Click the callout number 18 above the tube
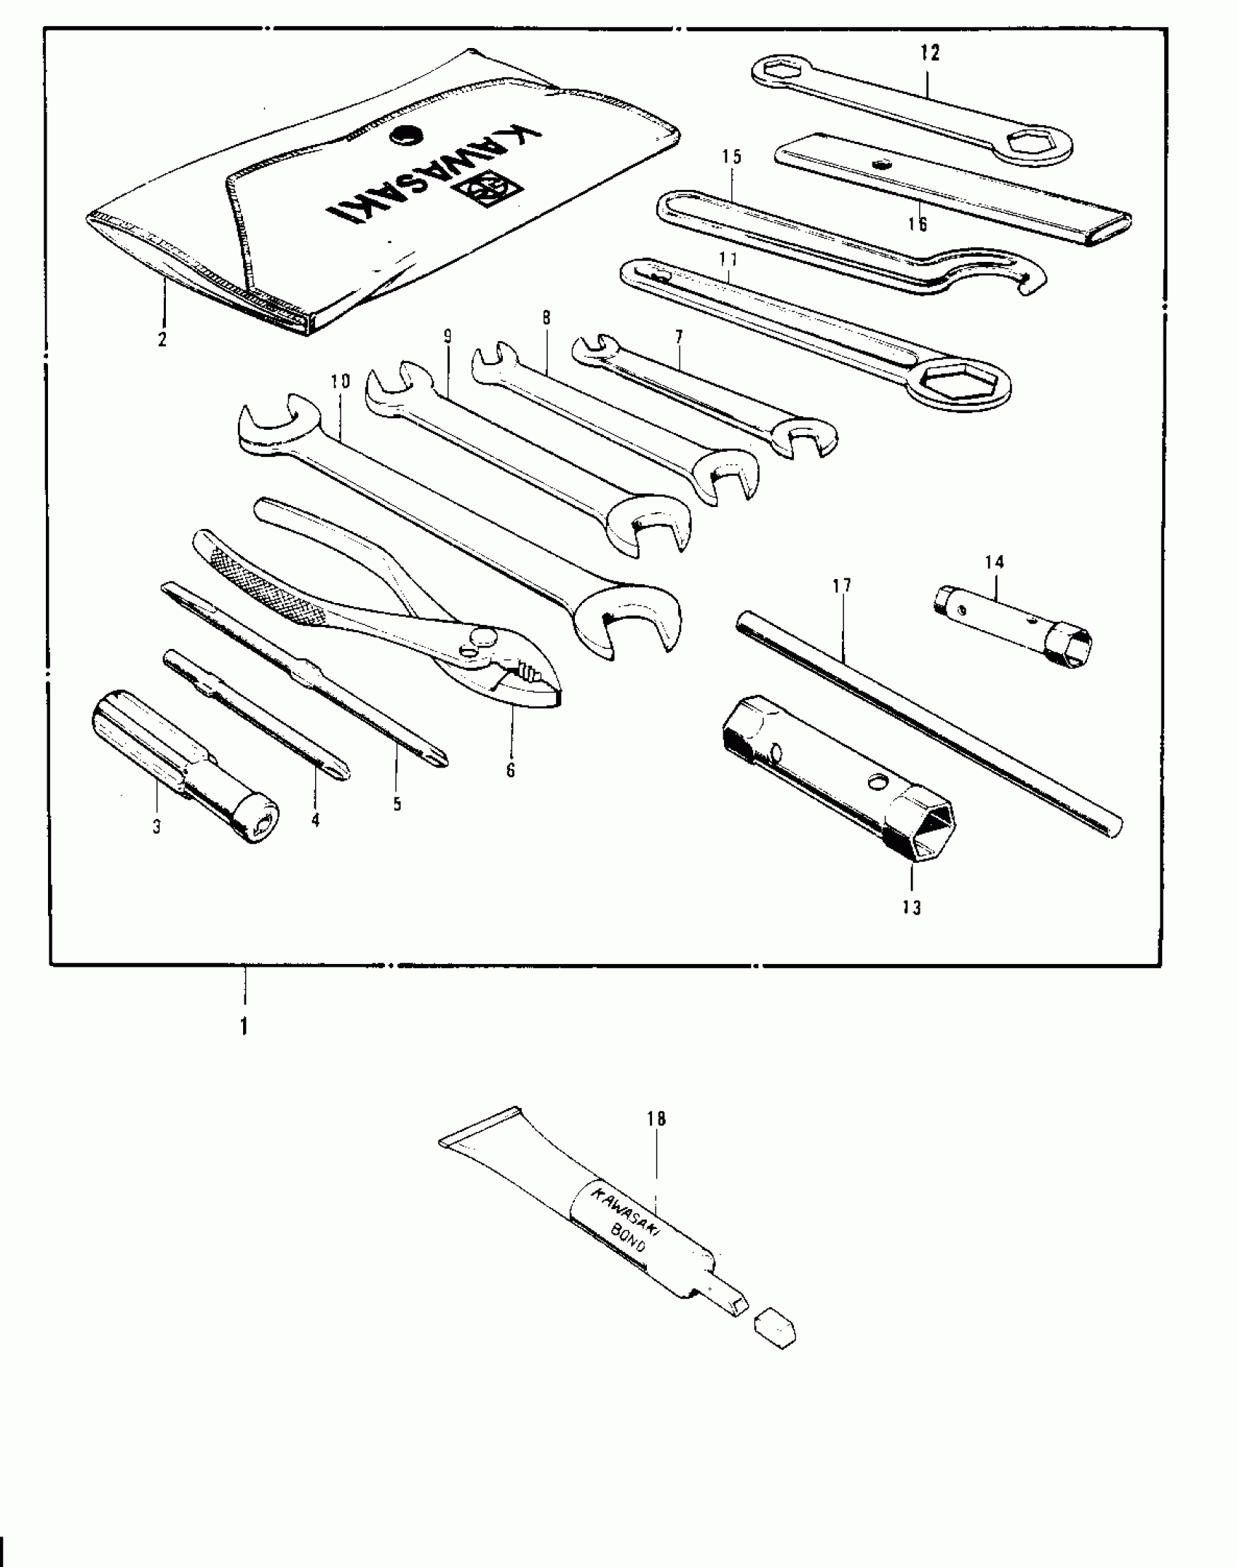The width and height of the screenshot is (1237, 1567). click(656, 1118)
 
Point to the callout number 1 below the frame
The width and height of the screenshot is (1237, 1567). click(244, 1026)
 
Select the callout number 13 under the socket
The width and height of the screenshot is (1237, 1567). click(912, 907)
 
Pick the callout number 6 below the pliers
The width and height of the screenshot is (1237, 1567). click(511, 770)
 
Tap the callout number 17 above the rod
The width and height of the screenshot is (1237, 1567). click(842, 586)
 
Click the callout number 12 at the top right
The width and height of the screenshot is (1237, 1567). click(930, 52)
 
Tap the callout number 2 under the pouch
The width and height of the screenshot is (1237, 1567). click(162, 339)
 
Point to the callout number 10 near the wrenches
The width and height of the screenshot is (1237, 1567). click(340, 381)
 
